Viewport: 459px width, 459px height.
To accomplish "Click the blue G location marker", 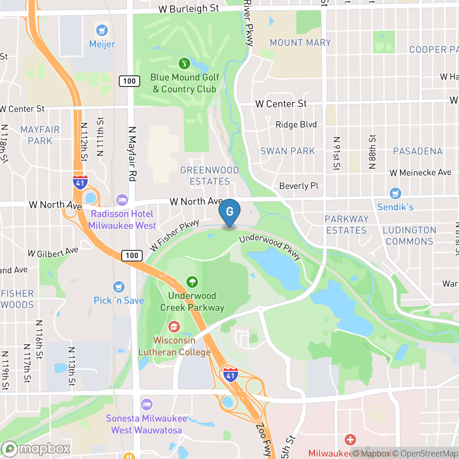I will (x=229, y=211).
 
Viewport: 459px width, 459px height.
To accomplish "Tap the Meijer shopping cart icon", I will (x=102, y=30).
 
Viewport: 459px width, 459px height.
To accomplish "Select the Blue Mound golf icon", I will (x=184, y=64).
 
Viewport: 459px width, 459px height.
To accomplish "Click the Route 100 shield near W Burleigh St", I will (x=130, y=81).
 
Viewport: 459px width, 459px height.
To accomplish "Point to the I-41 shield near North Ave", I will (x=80, y=182).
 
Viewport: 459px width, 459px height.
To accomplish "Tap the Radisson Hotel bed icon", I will (x=122, y=200).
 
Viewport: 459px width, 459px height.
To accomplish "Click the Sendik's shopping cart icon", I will (x=395, y=193).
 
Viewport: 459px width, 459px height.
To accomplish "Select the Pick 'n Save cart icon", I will (x=119, y=286).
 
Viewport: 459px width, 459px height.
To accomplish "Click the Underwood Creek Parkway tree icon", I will (x=192, y=282).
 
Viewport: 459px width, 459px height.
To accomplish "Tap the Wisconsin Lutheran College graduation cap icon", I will (x=174, y=327).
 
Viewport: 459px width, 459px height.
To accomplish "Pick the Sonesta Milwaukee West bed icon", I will (x=147, y=404).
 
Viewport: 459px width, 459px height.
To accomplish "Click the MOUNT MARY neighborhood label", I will (x=300, y=43).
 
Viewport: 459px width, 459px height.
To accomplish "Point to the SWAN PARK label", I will (x=288, y=151).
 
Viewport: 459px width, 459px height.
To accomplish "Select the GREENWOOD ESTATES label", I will (x=210, y=175).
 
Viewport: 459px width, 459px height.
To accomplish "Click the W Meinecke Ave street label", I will (x=420, y=173).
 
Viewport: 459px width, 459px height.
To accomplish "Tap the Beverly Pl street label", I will (x=299, y=186).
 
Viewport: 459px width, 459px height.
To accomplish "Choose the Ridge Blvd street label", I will (x=296, y=125).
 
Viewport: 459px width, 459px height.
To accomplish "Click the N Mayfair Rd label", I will (x=132, y=153).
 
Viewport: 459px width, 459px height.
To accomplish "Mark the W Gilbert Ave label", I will (x=53, y=252).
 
